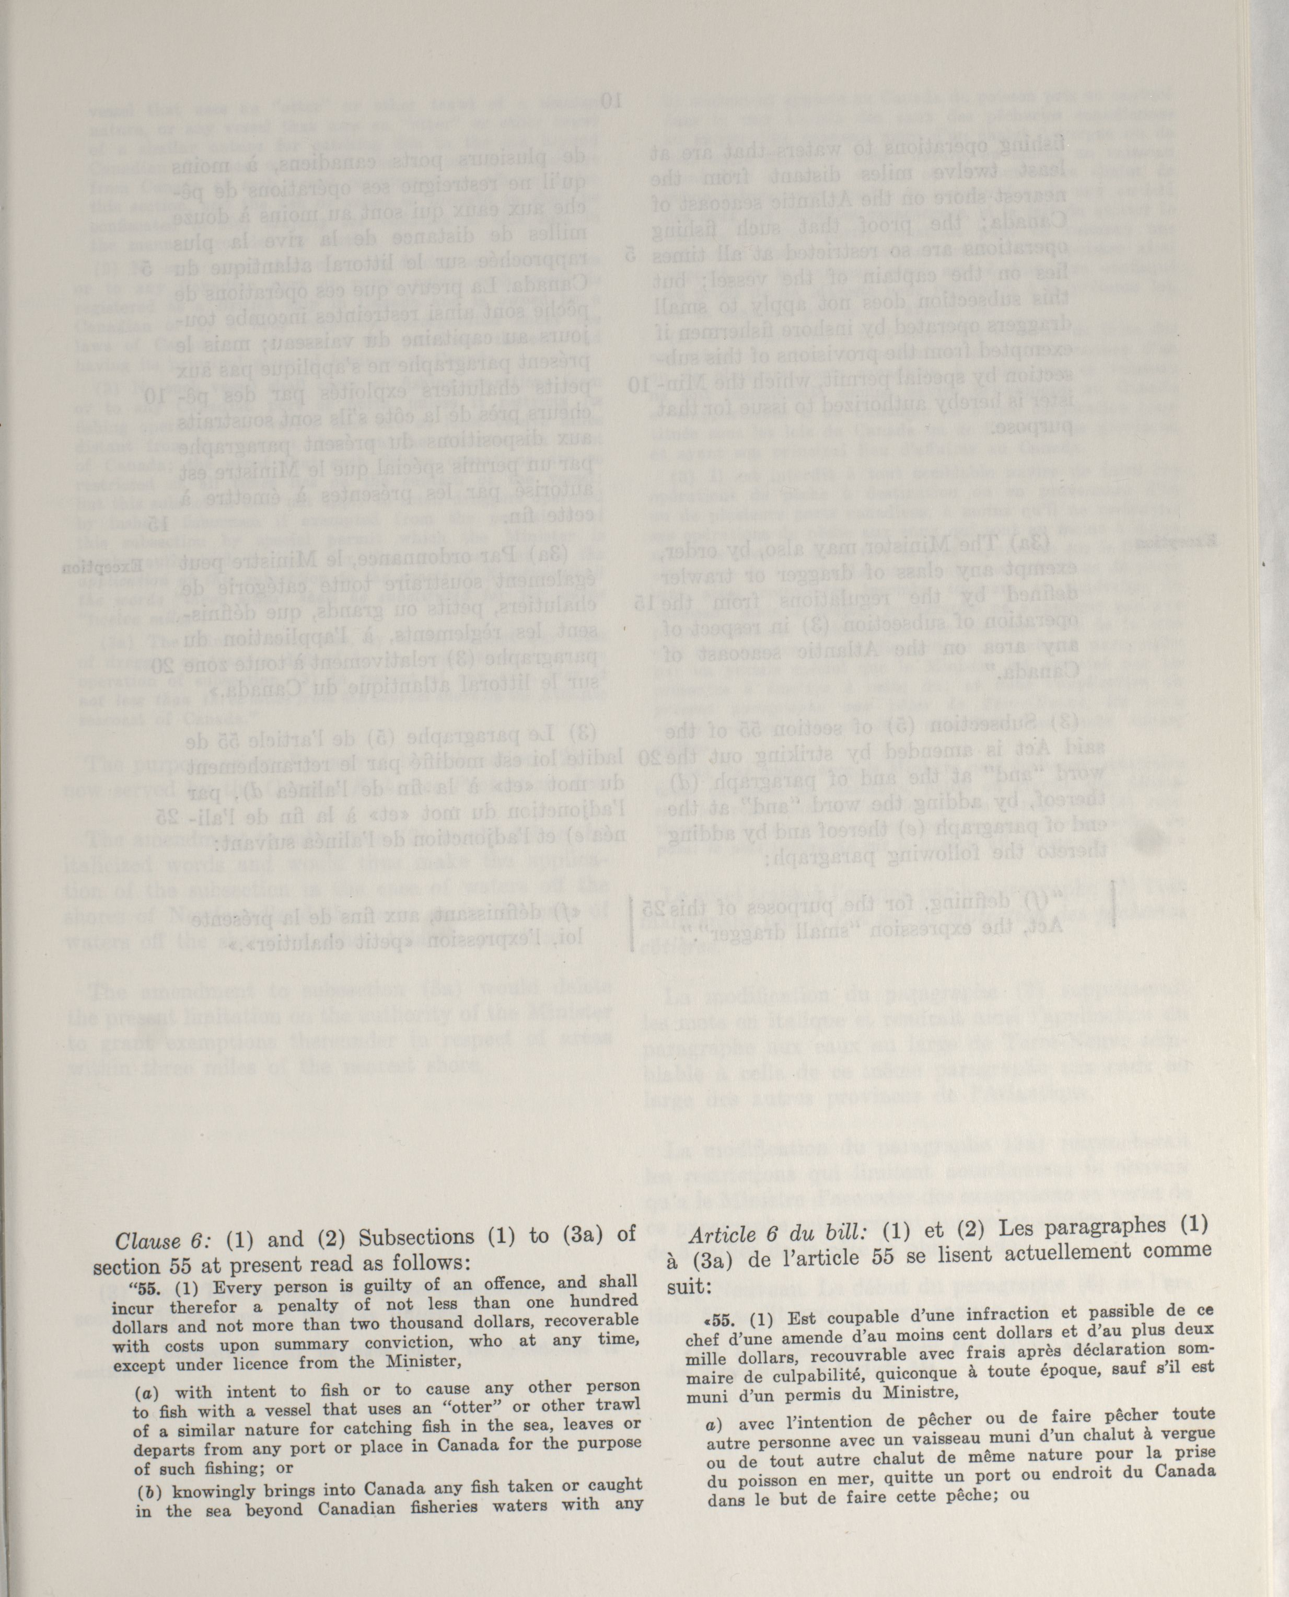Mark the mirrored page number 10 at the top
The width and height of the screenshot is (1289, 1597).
click(613, 99)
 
